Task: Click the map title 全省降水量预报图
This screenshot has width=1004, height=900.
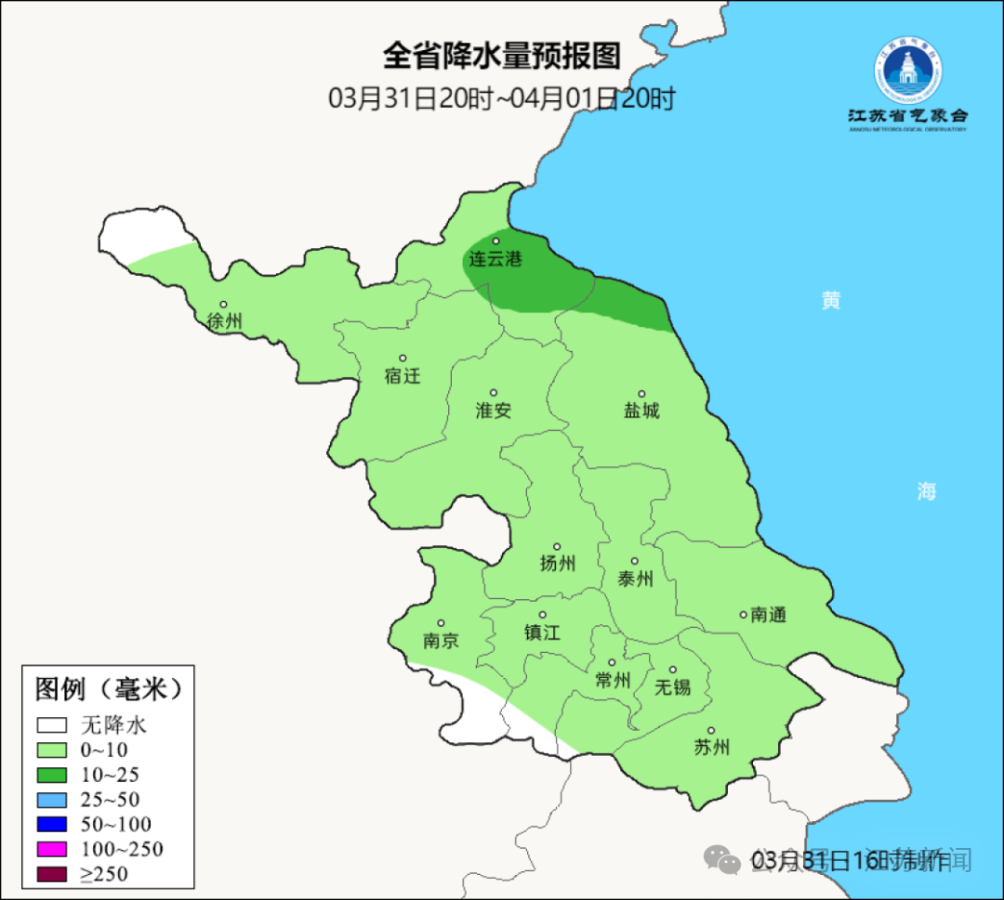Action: pos(501,57)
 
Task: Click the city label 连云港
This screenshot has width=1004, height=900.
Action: pos(495,259)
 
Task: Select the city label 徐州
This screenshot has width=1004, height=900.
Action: pos(225,321)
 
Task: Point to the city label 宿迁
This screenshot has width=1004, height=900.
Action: pos(403,376)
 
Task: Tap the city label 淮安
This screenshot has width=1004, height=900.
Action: pos(494,410)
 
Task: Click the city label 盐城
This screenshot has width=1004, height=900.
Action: pos(641,410)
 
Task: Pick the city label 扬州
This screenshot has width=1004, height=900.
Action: pos(558,563)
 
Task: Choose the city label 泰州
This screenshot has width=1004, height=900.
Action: pos(635,579)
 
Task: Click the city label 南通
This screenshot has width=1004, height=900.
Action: pos(769,615)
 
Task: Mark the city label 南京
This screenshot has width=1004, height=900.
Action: pos(441,641)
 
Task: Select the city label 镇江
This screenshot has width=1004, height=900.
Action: pos(543,633)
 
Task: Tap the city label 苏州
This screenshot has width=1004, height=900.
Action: pos(712,748)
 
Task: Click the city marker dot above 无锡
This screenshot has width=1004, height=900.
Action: pos(673,670)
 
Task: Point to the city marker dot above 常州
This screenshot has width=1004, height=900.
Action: pos(612,663)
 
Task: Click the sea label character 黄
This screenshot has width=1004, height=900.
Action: pos(831,300)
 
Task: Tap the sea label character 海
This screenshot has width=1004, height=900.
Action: pos(926,491)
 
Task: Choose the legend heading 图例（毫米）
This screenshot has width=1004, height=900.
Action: pos(108,689)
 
